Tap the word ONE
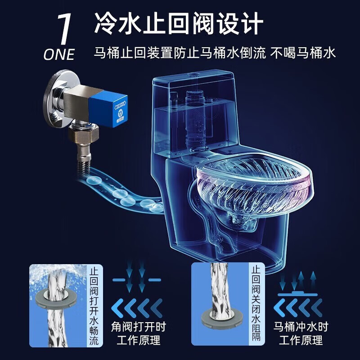point(59,54)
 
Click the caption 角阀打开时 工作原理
point(138,333)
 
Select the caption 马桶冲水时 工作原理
point(301,333)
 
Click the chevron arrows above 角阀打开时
point(138,308)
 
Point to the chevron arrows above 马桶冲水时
point(301,308)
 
